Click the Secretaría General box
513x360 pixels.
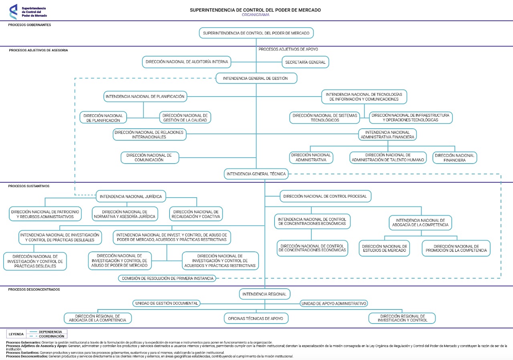[305, 62]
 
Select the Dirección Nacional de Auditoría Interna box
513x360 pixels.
[187, 62]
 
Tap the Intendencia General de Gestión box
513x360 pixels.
[256, 78]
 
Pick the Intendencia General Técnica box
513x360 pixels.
[256, 174]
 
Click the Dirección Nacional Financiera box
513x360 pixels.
[454, 158]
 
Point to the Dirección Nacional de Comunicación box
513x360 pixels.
[150, 158]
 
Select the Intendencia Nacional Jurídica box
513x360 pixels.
[131, 196]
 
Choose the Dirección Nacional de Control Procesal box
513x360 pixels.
[325, 196]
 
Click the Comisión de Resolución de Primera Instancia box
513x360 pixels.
[167, 278]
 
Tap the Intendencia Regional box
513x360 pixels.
[265, 294]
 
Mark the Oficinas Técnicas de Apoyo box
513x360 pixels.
[256, 318]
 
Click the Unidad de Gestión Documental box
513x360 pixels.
[166, 303]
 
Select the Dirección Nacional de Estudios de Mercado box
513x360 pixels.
[384, 248]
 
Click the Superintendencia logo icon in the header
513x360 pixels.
[13, 12]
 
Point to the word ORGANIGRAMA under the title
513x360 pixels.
[255, 15]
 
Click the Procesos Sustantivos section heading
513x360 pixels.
[29, 186]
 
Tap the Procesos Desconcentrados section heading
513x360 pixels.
[34, 289]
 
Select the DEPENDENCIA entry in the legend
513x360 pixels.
[50, 332]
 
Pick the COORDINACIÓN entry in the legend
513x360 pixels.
[51, 336]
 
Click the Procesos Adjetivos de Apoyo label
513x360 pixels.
[288, 49]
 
